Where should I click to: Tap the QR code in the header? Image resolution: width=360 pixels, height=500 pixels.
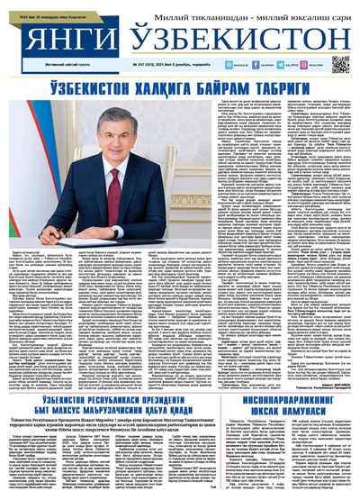(339, 64)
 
